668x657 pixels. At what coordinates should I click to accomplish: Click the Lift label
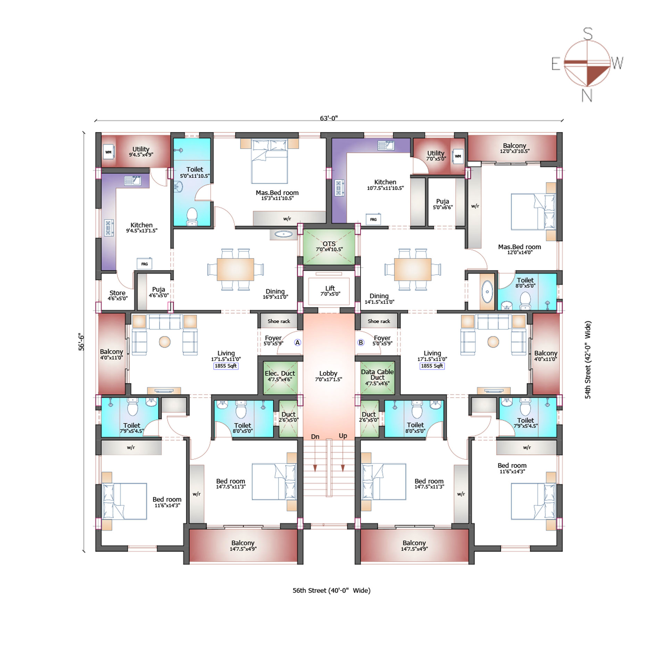pyautogui.click(x=330, y=288)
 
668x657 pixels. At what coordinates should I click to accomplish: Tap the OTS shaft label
pyautogui.click(x=329, y=244)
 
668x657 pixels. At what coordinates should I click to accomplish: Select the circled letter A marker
pyautogui.click(x=298, y=343)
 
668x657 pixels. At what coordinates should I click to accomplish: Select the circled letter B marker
pyautogui.click(x=361, y=343)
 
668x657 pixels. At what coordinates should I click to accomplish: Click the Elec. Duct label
pyautogui.click(x=280, y=373)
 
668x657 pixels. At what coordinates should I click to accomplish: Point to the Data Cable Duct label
pyautogui.click(x=377, y=374)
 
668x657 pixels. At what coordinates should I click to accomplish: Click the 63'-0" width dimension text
pyautogui.click(x=329, y=118)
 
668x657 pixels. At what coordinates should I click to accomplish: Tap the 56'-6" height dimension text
pyautogui.click(x=81, y=342)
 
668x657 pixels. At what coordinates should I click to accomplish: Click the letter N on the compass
pyautogui.click(x=587, y=95)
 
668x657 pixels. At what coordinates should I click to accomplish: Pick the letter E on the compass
pyautogui.click(x=556, y=64)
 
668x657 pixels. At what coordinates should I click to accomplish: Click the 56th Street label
pyautogui.click(x=331, y=590)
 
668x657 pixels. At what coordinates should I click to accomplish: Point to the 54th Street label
pyautogui.click(x=587, y=360)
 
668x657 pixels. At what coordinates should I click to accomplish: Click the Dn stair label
pyautogui.click(x=315, y=436)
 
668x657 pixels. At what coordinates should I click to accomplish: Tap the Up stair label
pyautogui.click(x=343, y=435)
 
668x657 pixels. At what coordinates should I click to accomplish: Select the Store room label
pyautogui.click(x=117, y=293)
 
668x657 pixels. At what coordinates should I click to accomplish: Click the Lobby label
pyautogui.click(x=328, y=373)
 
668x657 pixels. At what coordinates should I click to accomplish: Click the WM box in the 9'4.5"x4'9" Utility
pyautogui.click(x=108, y=152)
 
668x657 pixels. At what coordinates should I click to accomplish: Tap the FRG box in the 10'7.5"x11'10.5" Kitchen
pyautogui.click(x=373, y=219)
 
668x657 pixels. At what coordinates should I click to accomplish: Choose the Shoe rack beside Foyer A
pyautogui.click(x=279, y=321)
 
